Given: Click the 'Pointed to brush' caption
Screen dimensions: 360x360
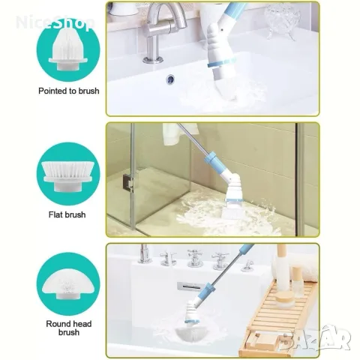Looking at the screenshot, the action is tap(69, 91).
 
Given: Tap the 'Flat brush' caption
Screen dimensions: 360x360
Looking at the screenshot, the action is tap(67, 214).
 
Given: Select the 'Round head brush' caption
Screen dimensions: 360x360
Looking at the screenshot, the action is tap(69, 328).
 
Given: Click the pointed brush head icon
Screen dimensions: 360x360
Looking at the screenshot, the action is tap(68, 49).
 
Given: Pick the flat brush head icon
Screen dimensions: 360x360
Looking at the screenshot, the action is tap(68, 175).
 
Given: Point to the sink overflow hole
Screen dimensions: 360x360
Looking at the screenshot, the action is tap(170, 79).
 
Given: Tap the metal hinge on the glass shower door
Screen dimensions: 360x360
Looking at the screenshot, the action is tap(128, 183).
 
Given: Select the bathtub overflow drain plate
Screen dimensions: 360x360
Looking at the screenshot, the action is tap(188, 286).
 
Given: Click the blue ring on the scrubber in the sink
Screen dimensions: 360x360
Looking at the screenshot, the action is tap(221, 63).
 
